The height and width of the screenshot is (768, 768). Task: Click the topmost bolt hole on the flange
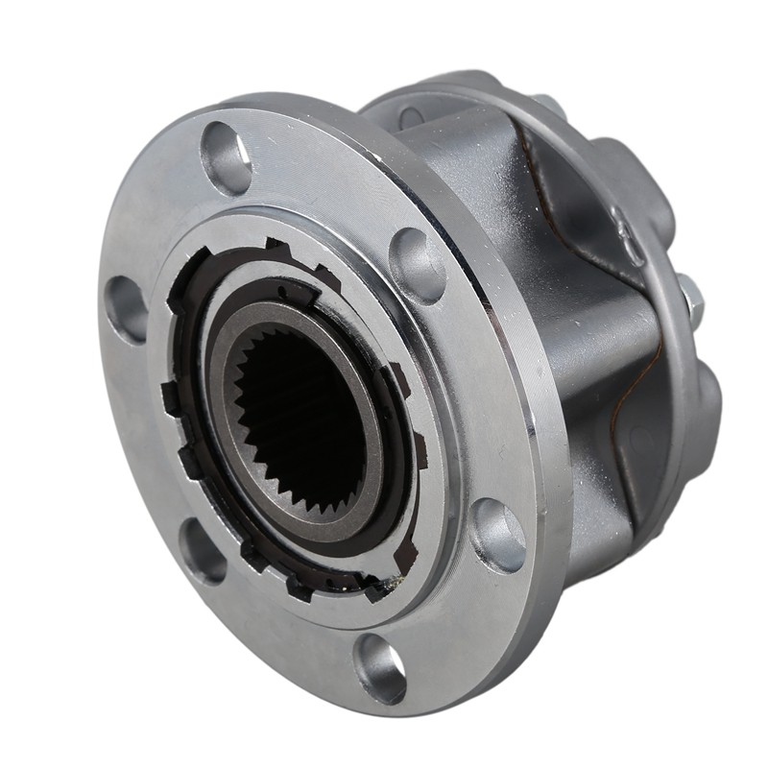227,158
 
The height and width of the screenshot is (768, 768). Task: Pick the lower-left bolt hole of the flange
203,549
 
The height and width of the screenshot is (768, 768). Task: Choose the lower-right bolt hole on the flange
499,535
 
